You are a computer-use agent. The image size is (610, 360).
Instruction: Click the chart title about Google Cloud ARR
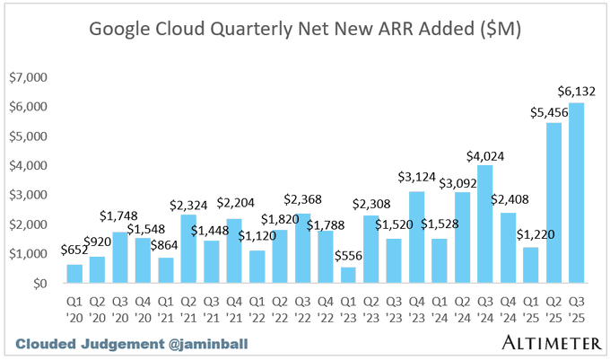[305, 31]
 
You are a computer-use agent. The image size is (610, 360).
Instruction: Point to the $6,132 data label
[577, 92]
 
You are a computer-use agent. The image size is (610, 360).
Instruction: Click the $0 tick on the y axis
[39, 284]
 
